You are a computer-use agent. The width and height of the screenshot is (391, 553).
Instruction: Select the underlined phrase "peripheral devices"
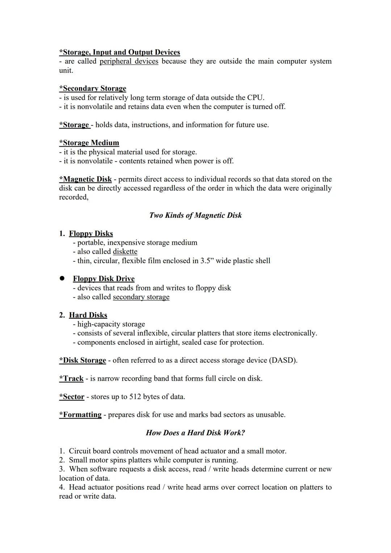129,61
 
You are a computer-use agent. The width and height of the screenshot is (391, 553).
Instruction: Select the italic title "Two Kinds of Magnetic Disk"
195,215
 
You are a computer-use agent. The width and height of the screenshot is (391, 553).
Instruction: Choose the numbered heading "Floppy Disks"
91,234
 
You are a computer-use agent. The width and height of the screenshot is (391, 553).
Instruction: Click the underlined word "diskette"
125,251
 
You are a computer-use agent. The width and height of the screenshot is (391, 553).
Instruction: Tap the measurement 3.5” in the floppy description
207,260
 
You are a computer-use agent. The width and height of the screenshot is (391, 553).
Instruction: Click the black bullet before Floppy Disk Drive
62,278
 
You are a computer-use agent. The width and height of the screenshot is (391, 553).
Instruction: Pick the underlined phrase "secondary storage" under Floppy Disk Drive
141,297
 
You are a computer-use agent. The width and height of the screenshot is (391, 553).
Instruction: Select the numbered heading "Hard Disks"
88,315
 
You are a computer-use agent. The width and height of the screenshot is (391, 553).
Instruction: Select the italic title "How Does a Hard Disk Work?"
195,433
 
